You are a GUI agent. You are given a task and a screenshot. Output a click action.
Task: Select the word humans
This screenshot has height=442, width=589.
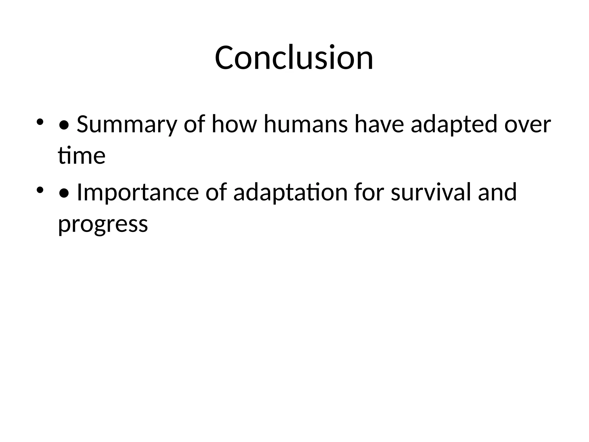tap(305, 124)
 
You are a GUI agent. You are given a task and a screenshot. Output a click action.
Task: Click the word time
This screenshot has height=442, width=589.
tap(82, 156)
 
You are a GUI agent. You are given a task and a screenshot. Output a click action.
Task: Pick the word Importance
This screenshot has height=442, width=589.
tap(138, 192)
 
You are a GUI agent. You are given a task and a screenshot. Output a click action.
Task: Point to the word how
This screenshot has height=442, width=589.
tap(234, 124)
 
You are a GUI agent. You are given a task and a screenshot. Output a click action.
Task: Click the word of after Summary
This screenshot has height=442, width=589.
tap(194, 124)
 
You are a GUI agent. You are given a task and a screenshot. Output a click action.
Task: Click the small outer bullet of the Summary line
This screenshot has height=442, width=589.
tap(40, 122)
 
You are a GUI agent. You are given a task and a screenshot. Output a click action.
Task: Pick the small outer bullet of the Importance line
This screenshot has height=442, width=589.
tap(40, 190)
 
